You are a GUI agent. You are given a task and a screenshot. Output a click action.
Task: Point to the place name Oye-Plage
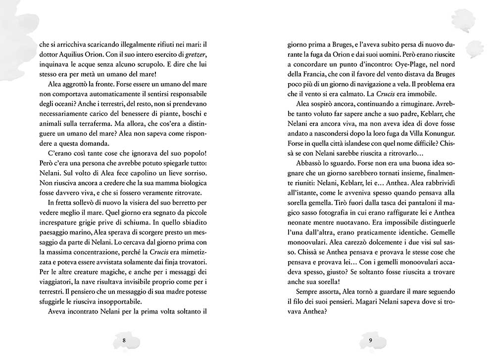coord(404,65)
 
